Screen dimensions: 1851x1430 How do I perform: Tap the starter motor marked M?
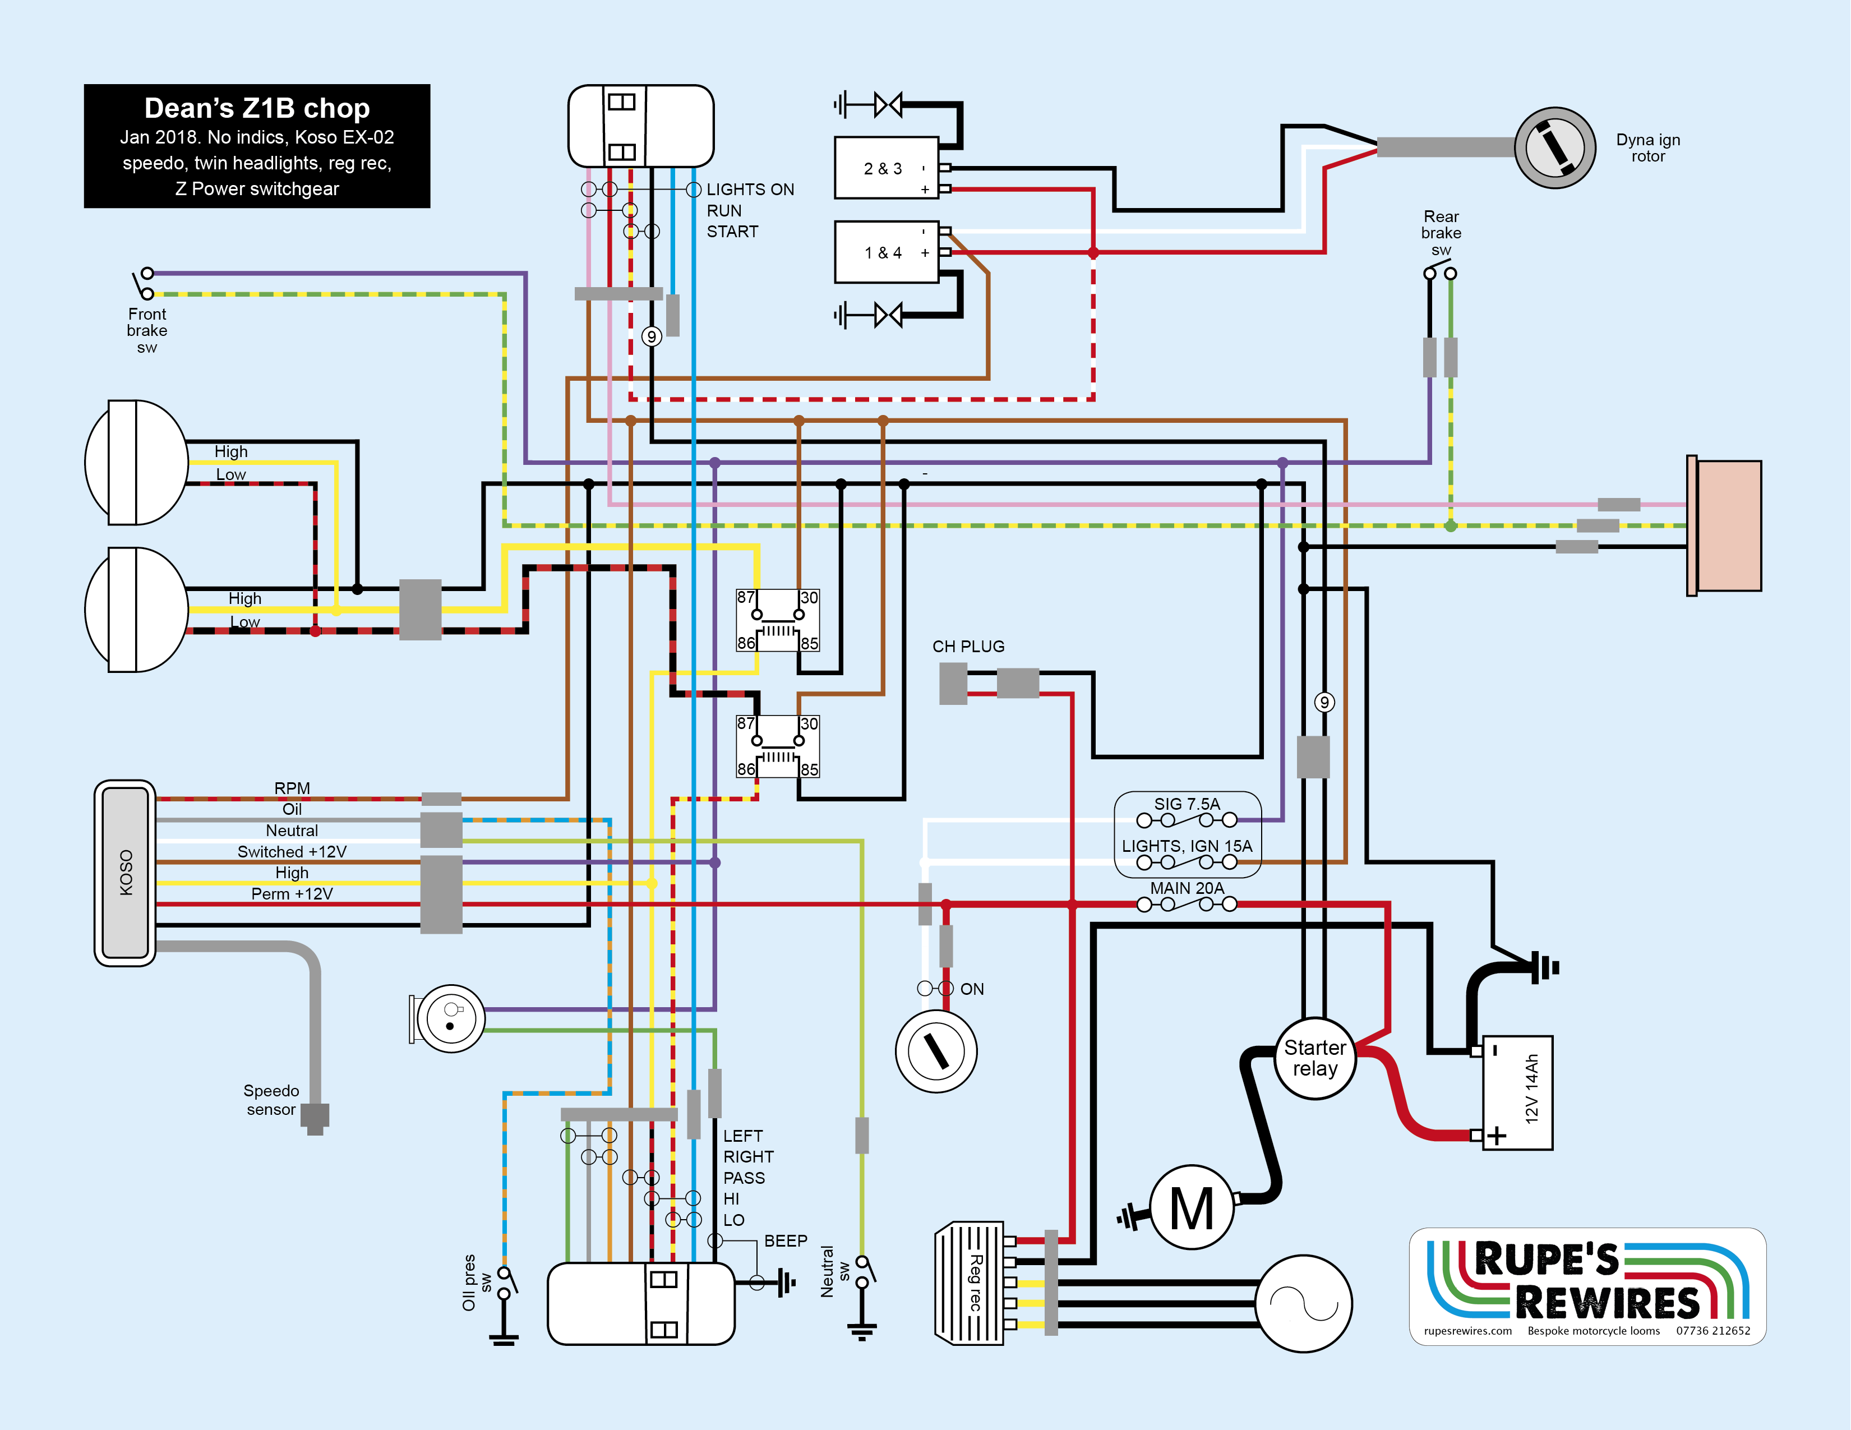tap(1192, 1207)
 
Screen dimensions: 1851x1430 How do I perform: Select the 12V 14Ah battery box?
tap(1517, 1092)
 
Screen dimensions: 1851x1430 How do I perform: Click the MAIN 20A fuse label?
tap(1187, 888)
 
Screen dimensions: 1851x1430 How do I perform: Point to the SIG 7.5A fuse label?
tap(1187, 804)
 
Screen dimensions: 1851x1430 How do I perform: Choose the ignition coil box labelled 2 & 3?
tap(887, 168)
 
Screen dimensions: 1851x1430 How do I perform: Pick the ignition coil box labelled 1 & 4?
tap(887, 252)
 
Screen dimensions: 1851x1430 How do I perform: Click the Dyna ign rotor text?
tap(1647, 147)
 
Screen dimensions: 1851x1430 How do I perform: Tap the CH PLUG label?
tap(968, 646)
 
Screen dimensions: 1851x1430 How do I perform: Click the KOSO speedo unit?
tap(126, 872)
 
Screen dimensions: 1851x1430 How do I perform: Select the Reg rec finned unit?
tap(970, 1283)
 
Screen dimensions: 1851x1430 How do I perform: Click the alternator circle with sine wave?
tap(1304, 1303)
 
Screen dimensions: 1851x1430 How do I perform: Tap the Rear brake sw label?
tap(1441, 232)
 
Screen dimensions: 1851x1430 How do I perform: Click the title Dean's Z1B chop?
tap(257, 108)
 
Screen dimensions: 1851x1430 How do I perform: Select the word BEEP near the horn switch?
tap(786, 1240)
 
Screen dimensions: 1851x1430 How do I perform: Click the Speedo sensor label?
tap(271, 1099)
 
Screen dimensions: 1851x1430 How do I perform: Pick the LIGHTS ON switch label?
tap(750, 189)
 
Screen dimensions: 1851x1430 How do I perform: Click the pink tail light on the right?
tap(1725, 525)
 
